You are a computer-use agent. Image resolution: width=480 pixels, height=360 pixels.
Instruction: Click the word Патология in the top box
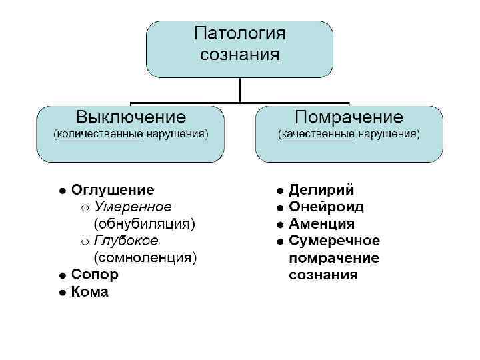tap(240, 34)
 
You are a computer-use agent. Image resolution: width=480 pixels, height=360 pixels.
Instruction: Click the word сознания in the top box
tap(240, 54)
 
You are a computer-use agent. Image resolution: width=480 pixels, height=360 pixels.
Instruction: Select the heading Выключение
tap(131, 118)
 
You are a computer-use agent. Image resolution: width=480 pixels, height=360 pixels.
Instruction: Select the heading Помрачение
tap(349, 118)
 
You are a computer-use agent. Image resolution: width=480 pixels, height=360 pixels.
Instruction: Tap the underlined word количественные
tap(101, 134)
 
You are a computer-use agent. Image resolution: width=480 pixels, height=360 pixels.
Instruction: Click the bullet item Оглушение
tap(113, 190)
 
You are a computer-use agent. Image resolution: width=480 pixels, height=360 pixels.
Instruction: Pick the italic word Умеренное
tap(133, 207)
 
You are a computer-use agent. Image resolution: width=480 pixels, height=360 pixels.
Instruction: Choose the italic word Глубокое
tap(126, 240)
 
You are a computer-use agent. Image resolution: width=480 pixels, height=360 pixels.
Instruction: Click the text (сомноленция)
tap(145, 257)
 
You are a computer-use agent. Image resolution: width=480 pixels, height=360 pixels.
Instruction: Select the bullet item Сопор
tap(95, 274)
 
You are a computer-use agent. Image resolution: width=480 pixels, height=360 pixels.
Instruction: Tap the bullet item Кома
tap(90, 291)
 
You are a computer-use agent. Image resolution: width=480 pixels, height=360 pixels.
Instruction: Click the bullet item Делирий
tap(321, 190)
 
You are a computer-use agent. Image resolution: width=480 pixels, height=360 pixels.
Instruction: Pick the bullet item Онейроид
tap(327, 207)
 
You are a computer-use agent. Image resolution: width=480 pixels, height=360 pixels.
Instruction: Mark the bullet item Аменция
tap(321, 223)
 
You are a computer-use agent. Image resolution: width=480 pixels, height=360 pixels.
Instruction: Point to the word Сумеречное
tap(334, 240)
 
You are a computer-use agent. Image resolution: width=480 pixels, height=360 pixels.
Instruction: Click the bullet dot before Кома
tap(61, 292)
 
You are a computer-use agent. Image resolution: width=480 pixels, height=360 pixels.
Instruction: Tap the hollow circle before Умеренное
tap(85, 207)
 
